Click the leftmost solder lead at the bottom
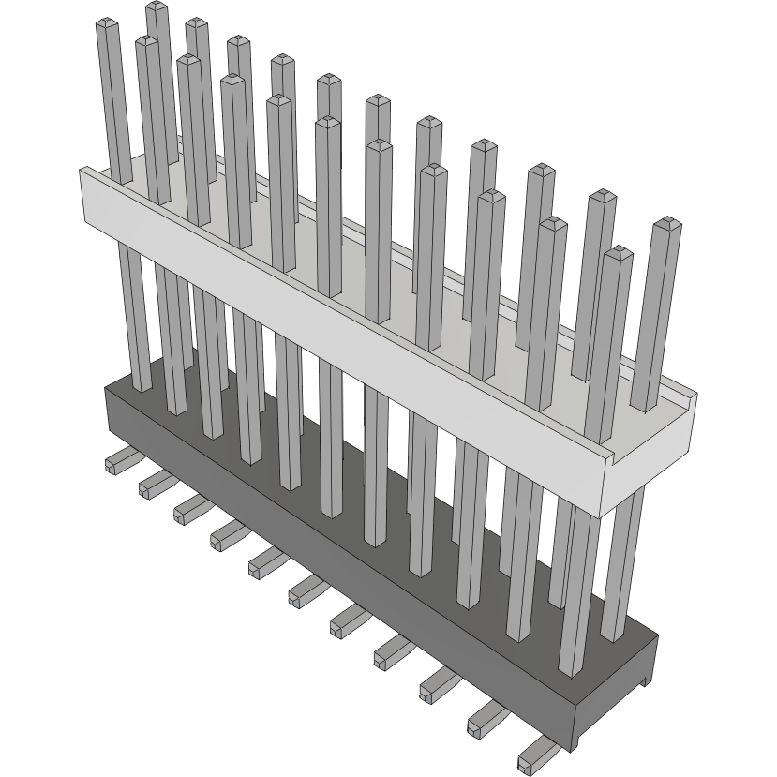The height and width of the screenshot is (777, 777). (x=118, y=462)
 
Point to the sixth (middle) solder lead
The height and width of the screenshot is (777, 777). (x=306, y=590)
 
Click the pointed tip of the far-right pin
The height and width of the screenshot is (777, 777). (x=666, y=224)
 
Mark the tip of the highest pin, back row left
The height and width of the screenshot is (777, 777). (x=157, y=7)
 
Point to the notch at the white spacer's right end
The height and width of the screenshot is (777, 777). (x=690, y=398)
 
